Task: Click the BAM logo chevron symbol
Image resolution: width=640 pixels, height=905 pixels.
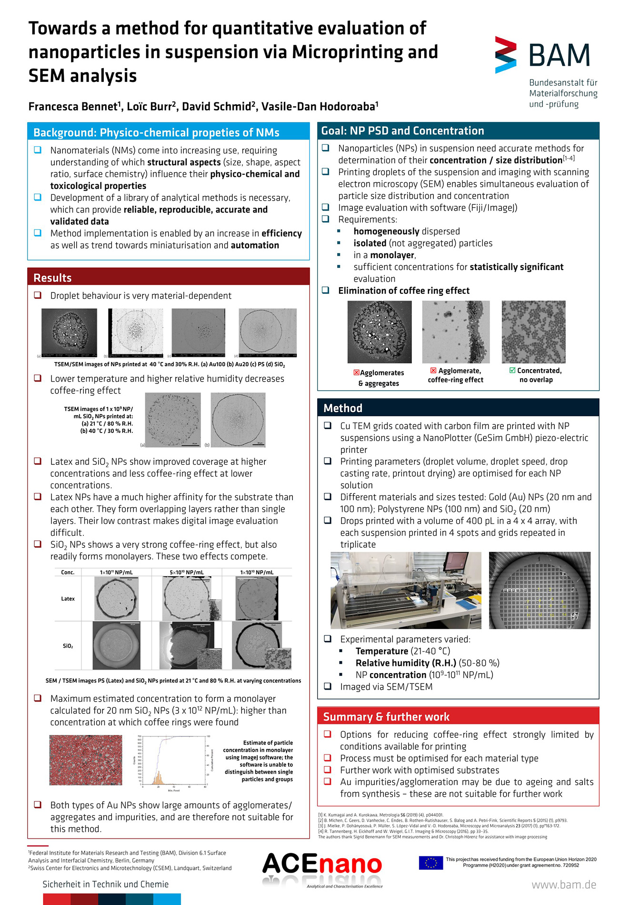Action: click(505, 54)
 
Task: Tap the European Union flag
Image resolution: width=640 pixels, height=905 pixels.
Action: click(430, 863)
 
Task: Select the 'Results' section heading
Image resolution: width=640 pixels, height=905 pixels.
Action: click(52, 278)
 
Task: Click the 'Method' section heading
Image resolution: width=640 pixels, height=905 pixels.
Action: click(343, 408)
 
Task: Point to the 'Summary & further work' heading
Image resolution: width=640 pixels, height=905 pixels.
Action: click(386, 717)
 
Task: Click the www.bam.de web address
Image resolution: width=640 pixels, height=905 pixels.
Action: click(564, 885)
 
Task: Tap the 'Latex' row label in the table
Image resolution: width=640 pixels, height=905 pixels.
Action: click(68, 599)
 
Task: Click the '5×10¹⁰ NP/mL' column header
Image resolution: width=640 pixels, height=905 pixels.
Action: click(187, 572)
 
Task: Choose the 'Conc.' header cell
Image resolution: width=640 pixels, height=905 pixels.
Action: click(68, 572)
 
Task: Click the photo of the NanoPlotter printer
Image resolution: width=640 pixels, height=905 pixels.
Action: click(406, 590)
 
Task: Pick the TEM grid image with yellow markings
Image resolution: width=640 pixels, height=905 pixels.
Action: click(540, 590)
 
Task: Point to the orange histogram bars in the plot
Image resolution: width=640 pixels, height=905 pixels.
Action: click(158, 778)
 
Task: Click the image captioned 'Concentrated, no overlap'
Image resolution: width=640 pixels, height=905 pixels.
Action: click(533, 332)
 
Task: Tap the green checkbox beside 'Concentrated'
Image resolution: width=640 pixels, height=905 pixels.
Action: click(512, 371)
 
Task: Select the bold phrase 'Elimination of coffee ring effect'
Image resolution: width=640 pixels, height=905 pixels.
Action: click(404, 291)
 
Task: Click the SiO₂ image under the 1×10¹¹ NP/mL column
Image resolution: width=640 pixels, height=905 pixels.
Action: click(117, 645)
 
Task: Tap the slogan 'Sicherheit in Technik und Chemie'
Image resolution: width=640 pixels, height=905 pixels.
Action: click(106, 884)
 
